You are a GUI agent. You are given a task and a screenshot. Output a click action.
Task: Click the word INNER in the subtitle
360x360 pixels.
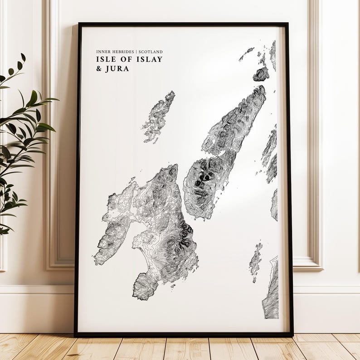tap(102, 52)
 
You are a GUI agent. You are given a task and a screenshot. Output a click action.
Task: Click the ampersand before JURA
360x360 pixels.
tap(99, 69)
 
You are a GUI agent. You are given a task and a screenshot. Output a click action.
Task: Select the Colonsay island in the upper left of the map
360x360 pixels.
tap(158, 116)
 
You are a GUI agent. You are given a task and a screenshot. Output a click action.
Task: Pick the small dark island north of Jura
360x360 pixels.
tap(261, 73)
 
